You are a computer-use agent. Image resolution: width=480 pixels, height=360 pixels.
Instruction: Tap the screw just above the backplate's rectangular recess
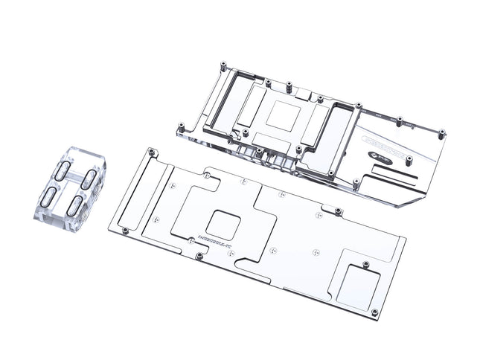coord(365,264)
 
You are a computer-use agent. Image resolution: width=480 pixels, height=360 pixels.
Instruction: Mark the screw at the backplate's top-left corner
coord(153,151)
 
